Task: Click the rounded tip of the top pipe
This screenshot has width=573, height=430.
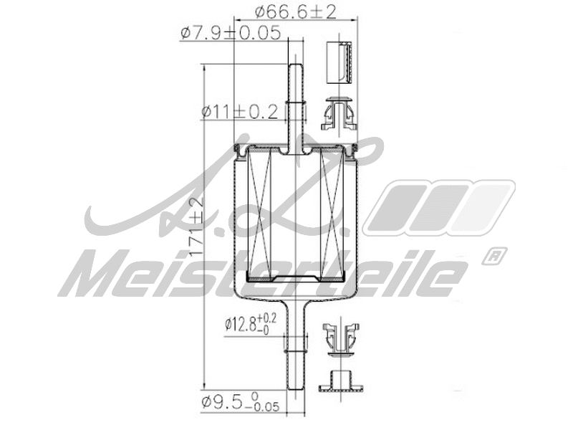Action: [x=296, y=67]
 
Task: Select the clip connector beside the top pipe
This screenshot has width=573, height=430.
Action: [x=338, y=113]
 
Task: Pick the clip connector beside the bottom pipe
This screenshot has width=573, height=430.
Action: [x=339, y=338]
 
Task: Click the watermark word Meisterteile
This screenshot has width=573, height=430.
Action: [x=265, y=274]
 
